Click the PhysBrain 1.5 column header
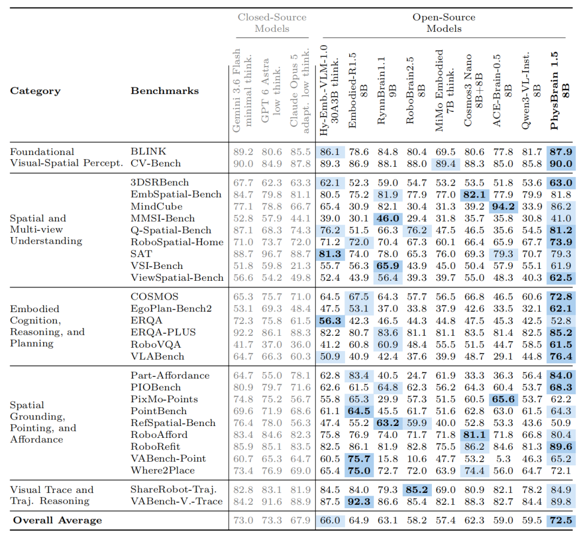pos(560,91)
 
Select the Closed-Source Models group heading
pos(272,23)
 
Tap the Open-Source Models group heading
pos(444,23)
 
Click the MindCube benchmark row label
pos(157,206)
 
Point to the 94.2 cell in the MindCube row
pos(503,206)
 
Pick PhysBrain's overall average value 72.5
pos(561,520)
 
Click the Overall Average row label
pos(57,520)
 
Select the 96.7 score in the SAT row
pos(272,254)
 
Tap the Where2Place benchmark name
pos(162,470)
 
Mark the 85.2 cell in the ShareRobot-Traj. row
pos(416,490)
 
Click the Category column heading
pos(35,91)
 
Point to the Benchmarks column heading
pos(165,91)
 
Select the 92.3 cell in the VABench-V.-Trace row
pos(359,502)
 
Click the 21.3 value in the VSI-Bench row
pos(301,266)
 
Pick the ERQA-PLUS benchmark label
pos(163,332)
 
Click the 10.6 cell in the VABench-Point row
pos(416,458)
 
